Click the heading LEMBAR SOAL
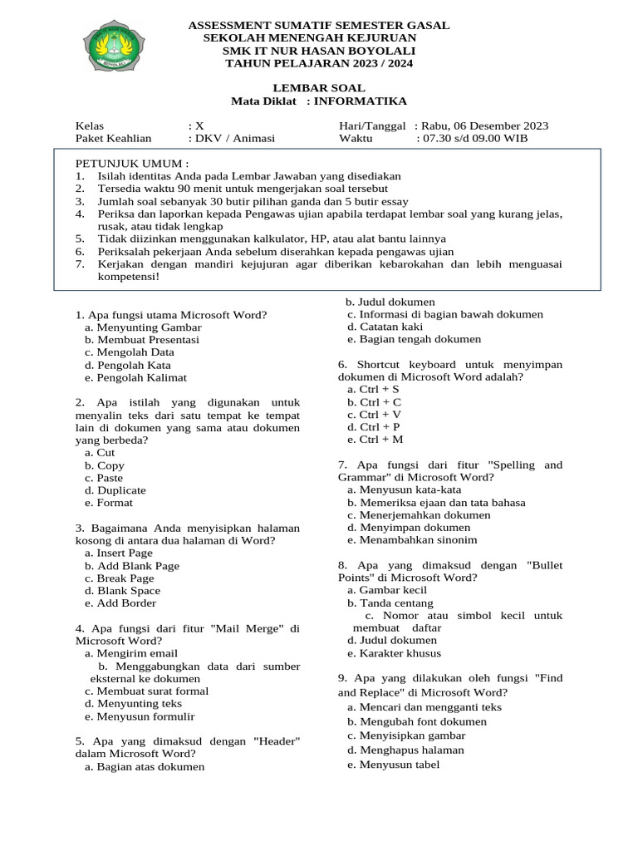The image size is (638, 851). tap(319, 88)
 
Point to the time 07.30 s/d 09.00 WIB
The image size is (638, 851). tap(472, 139)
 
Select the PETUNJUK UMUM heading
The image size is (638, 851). tap(132, 164)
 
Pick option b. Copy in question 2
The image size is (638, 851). tap(105, 465)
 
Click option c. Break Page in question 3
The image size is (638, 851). tap(120, 578)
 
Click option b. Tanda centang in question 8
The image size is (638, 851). tap(390, 603)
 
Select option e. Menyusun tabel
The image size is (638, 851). tap(393, 765)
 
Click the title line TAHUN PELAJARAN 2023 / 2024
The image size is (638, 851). tap(319, 63)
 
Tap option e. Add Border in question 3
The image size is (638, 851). tap(120, 603)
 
